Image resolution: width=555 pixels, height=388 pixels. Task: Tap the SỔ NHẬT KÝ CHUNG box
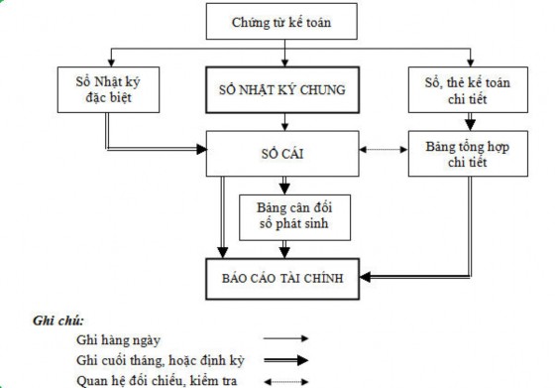coord(284,90)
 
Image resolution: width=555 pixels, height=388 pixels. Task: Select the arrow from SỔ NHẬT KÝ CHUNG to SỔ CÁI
coord(284,121)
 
